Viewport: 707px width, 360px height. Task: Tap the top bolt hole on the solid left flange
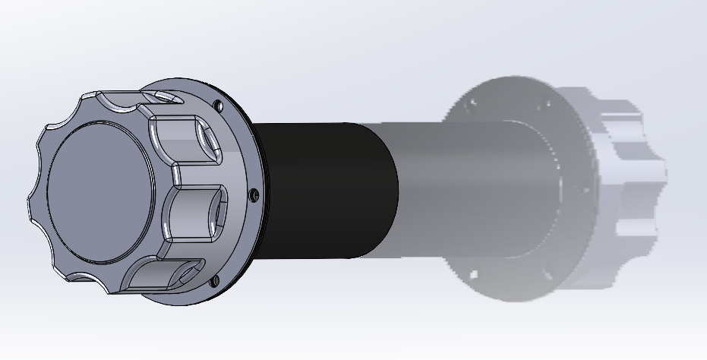[219, 104]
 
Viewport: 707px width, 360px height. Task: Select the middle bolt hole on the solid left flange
[254, 195]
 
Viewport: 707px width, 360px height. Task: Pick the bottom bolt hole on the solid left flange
[214, 282]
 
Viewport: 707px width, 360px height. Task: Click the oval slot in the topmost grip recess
[167, 97]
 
